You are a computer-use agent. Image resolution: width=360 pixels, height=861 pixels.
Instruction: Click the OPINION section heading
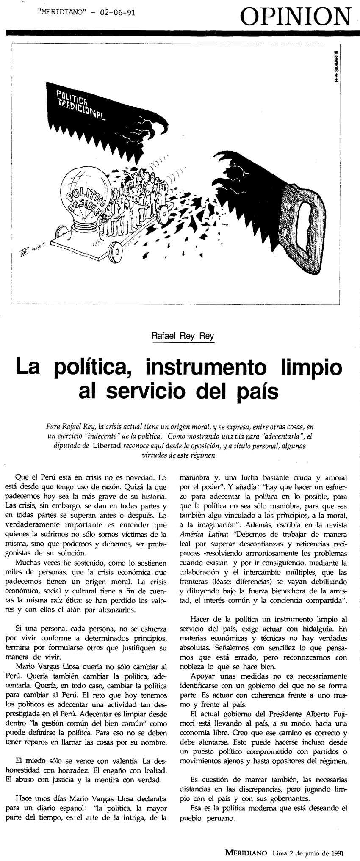pyautogui.click(x=296, y=17)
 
